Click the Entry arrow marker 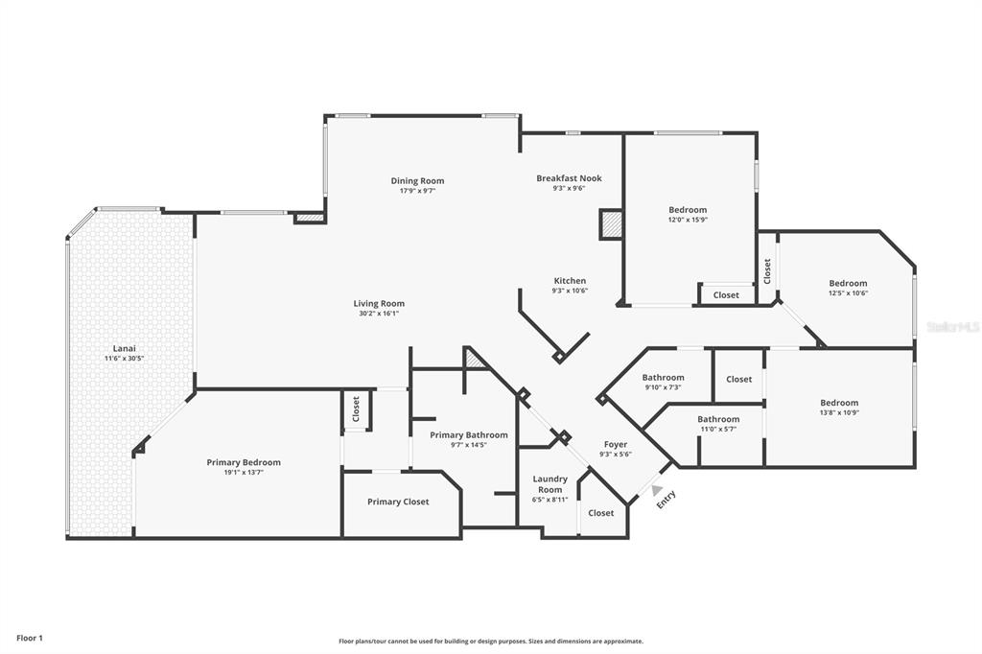tap(657, 490)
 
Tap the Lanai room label tap(124, 348)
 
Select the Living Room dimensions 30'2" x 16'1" tap(379, 314)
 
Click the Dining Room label tap(417, 180)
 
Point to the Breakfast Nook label tap(569, 178)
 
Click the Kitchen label tap(569, 281)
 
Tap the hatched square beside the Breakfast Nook tap(611, 224)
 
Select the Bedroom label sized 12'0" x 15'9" tap(688, 210)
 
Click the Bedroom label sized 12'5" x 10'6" tap(848, 283)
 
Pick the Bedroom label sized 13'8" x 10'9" tap(839, 403)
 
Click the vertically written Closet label tap(767, 270)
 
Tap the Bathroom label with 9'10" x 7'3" tap(663, 378)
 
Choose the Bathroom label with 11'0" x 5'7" tap(718, 419)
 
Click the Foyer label tap(615, 444)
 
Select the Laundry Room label tap(550, 484)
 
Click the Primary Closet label tap(398, 502)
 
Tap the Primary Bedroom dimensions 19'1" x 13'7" tap(244, 473)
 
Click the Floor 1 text tap(30, 638)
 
